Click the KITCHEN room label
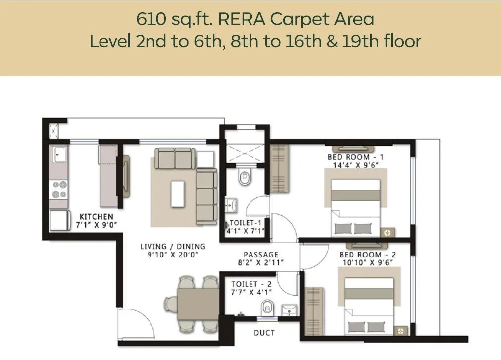point(97,217)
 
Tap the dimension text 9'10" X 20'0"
point(172,255)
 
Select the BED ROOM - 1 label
point(355,157)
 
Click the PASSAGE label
point(261,255)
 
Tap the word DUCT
point(264,333)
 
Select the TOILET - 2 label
point(251,284)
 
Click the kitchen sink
point(59,154)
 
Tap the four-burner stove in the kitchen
point(59,188)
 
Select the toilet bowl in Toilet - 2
point(267,307)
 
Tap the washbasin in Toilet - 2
point(288,309)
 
